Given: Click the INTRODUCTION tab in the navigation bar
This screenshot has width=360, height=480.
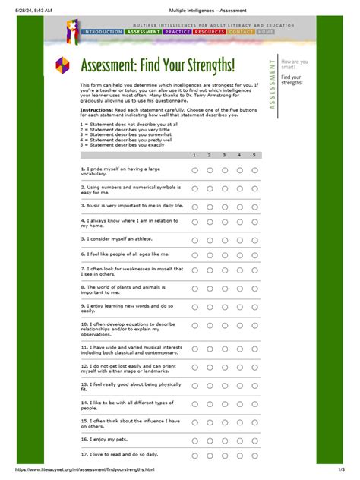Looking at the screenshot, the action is [x=102, y=33].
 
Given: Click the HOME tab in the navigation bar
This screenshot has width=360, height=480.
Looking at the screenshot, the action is [x=266, y=33].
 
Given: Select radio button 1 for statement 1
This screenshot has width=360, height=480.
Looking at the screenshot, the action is [x=194, y=170].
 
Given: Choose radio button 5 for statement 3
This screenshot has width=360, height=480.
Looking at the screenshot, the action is [x=254, y=205].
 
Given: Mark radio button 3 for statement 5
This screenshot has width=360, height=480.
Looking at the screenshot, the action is [x=225, y=238].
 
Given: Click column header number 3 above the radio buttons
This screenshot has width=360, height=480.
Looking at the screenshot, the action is [x=224, y=154].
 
